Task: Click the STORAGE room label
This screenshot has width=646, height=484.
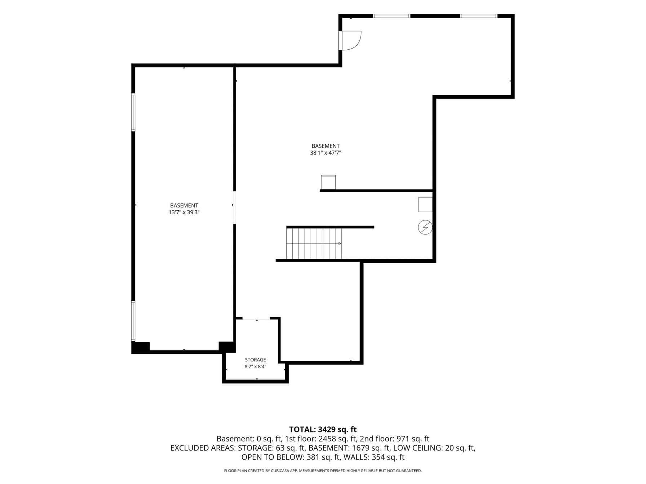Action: click(x=255, y=360)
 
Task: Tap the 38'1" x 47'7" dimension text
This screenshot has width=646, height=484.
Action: click(x=326, y=153)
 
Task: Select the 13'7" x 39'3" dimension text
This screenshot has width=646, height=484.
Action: click(x=184, y=212)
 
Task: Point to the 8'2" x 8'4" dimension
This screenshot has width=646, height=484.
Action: click(x=255, y=367)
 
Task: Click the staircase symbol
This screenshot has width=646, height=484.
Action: click(x=314, y=243)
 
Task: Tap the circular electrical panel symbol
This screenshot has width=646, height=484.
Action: click(x=425, y=228)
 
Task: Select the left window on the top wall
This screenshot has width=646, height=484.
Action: click(x=391, y=16)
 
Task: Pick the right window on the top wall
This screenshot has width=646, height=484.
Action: click(x=479, y=16)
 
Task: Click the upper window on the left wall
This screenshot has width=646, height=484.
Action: click(x=133, y=112)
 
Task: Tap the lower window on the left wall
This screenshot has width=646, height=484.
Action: click(x=133, y=321)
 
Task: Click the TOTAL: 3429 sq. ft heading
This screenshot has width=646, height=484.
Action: click(x=323, y=430)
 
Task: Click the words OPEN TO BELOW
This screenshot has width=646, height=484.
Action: click(x=272, y=457)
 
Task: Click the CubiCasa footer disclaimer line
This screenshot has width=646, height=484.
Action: click(x=323, y=471)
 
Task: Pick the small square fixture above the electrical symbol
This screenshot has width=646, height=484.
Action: click(x=425, y=205)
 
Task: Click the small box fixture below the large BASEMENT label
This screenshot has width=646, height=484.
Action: click(x=328, y=182)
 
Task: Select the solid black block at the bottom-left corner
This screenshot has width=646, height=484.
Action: click(x=141, y=348)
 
